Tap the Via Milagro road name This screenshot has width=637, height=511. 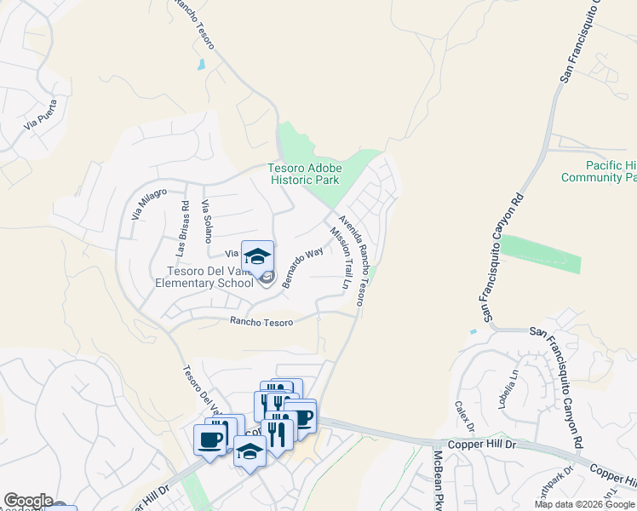coord(148,204)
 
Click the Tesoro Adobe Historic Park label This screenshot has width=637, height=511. coord(304,174)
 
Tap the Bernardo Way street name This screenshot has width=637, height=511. coord(303,267)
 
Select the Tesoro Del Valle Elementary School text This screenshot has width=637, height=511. coord(204,277)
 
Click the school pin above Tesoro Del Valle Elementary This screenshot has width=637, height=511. coord(257,255)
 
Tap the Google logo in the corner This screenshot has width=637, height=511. coord(28,501)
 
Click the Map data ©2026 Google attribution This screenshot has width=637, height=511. coord(584,504)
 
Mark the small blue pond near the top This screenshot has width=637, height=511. coord(201,64)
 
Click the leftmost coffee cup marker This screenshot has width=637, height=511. coord(209,439)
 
